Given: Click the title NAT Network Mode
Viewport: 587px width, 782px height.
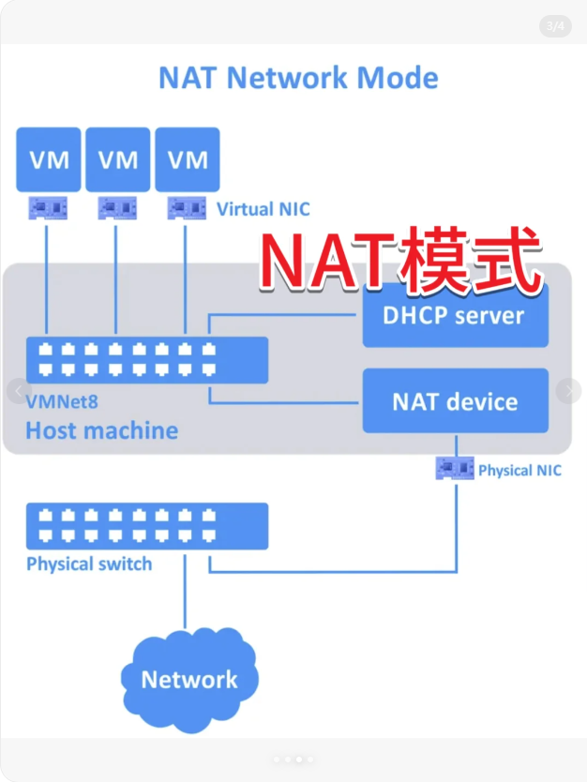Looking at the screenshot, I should (x=298, y=78).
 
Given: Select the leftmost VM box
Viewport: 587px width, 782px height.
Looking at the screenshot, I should (x=49, y=159).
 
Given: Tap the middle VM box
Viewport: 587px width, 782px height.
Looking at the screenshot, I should (x=117, y=159).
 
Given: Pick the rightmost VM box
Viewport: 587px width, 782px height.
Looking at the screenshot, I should (x=188, y=159).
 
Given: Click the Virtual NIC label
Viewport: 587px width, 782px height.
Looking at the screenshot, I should (x=263, y=209).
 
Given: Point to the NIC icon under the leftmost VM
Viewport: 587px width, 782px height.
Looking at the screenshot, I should (x=47, y=207).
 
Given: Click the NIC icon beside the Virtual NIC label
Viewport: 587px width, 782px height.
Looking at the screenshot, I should (x=187, y=207).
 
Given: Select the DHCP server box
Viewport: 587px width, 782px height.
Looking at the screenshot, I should (x=455, y=315).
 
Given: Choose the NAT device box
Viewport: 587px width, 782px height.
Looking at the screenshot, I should (x=455, y=401).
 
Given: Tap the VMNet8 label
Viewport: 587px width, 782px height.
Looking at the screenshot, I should (x=62, y=402).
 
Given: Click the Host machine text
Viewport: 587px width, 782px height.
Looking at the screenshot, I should (x=101, y=431).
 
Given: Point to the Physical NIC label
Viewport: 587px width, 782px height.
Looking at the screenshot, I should (x=519, y=470).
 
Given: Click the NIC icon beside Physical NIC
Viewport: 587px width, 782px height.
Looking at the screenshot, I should (x=456, y=467).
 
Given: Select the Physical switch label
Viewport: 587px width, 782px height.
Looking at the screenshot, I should (x=89, y=564).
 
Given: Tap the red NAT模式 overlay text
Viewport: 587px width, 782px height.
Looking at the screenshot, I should (x=401, y=259).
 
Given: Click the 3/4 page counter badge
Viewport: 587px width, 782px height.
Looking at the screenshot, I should (x=555, y=26).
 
